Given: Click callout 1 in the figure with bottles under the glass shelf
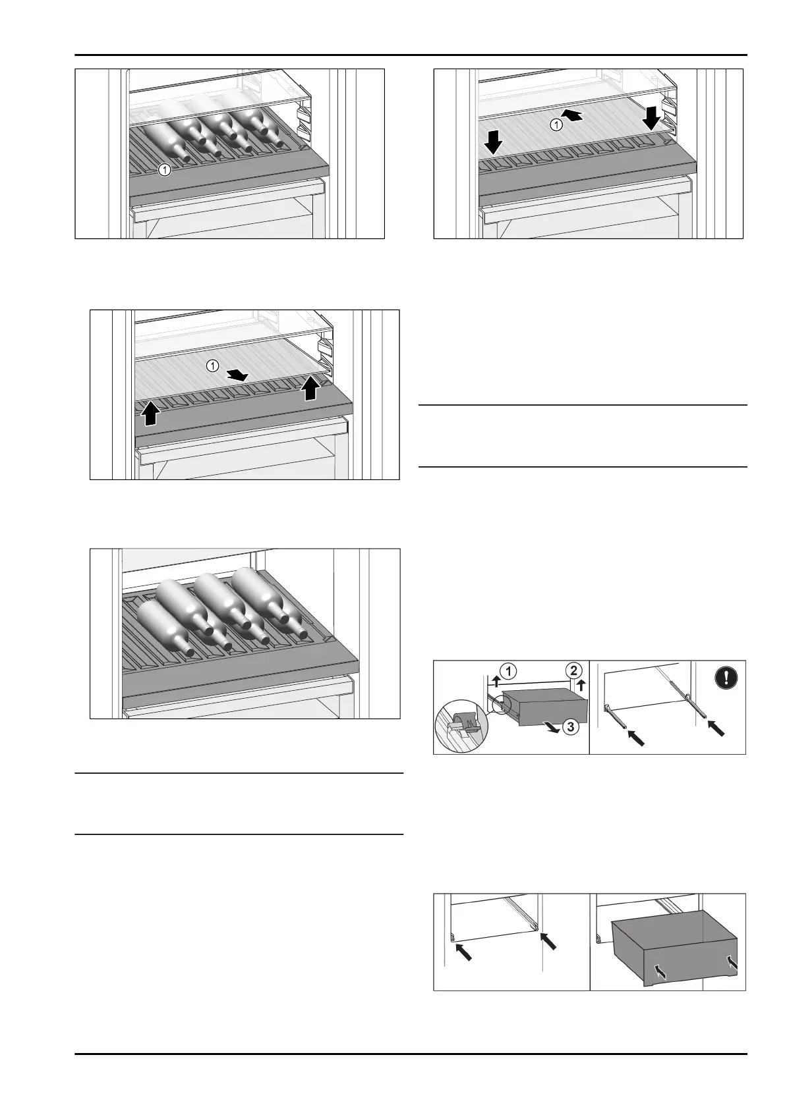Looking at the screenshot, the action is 165,170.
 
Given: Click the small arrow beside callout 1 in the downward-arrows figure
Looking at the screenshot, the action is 574,116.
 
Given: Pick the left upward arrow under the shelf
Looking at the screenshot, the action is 151,413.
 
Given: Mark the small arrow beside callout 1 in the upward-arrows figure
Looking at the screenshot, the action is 239,375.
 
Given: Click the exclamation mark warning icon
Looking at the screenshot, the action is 726,679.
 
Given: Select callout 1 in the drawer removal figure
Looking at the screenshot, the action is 509,672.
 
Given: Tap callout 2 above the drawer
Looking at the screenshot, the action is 573,671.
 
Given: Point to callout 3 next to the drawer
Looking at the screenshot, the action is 571,728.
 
